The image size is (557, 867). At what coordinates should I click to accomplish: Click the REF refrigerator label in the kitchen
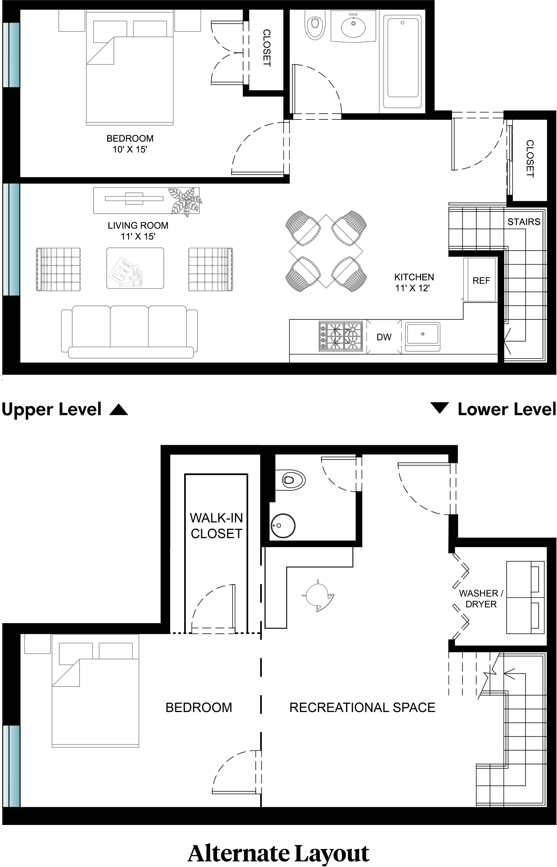481,280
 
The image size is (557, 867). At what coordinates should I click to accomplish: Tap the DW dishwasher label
384,337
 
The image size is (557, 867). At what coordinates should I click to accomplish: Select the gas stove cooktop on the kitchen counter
341,336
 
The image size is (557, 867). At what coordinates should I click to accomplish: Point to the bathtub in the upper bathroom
403,61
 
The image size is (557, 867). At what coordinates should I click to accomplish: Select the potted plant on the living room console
185,201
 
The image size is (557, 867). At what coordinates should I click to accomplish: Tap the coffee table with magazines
135,268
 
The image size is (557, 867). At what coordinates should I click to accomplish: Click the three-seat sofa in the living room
129,332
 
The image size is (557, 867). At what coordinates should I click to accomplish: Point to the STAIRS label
524,222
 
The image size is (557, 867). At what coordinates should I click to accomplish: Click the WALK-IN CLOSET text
216,525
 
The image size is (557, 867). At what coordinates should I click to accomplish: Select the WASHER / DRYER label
481,599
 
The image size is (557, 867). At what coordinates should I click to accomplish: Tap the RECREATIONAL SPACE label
363,707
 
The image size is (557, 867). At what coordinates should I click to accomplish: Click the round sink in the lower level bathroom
283,525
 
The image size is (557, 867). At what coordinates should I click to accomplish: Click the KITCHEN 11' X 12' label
414,282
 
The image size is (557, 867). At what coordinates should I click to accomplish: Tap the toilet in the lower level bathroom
290,480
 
